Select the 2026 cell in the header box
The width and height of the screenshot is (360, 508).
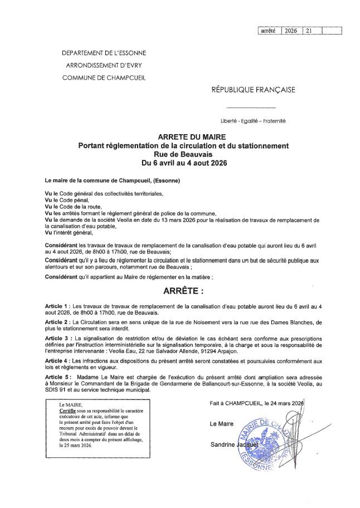[291, 31]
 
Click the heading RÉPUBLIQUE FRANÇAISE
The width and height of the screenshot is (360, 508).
[253, 89]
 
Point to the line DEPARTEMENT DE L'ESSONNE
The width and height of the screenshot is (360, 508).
[104, 53]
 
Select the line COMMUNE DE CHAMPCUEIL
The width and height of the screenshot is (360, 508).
[104, 77]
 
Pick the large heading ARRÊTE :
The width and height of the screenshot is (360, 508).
[183, 291]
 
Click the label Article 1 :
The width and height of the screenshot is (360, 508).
[58, 307]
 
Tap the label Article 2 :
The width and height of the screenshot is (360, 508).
[58, 323]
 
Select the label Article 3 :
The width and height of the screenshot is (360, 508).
[58, 338]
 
